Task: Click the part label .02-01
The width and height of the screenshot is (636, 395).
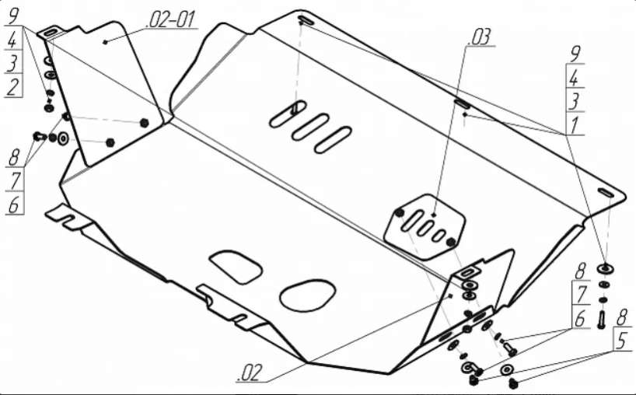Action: pos(172,20)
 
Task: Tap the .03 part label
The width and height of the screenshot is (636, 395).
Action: pos(479,37)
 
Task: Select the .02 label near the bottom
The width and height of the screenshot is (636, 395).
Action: pos(249,372)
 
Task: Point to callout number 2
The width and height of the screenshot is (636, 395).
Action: pos(13,87)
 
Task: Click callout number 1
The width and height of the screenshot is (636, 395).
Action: pos(575,126)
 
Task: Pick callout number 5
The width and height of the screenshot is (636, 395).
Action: pos(621,341)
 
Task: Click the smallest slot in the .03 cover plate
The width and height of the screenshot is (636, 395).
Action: pos(439,235)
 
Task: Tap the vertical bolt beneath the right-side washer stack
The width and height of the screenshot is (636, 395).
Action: pos(602,319)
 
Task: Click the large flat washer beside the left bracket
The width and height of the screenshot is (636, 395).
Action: pos(64,138)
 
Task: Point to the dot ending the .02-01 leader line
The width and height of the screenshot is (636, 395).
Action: pos(105,42)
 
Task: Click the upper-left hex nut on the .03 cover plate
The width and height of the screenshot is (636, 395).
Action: pos(400,213)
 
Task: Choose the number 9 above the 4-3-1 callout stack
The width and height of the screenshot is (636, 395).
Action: pos(575,54)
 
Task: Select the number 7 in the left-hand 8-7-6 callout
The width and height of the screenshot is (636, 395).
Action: pos(15,181)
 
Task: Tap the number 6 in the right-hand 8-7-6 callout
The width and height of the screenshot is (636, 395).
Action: pos(580,318)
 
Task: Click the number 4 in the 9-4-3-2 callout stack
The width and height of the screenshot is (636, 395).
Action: pos(12,40)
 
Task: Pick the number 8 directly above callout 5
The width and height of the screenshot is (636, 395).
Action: pos(622,316)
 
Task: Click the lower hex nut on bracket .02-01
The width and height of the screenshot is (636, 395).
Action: pos(110,142)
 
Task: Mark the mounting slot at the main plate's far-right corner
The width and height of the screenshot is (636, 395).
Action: pos(606,192)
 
